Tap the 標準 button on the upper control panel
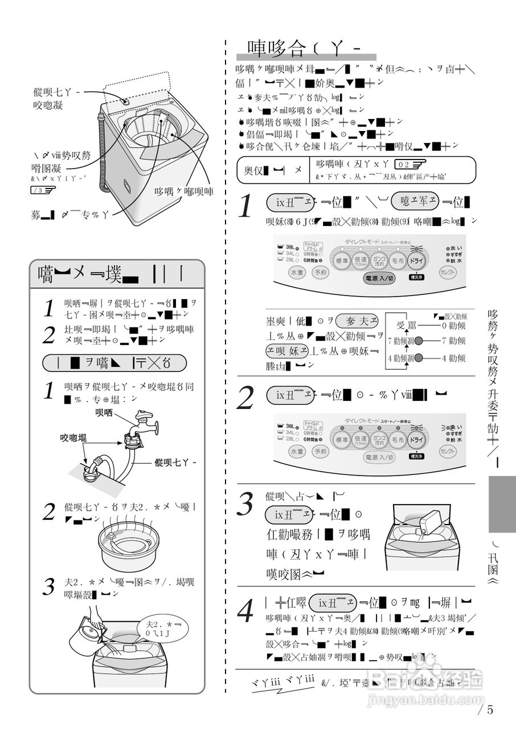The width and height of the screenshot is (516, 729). coord(342,261)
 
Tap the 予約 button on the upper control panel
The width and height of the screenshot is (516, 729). coord(321,273)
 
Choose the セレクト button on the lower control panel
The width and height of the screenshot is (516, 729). coord(449,451)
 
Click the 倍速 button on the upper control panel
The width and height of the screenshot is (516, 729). coord(361,261)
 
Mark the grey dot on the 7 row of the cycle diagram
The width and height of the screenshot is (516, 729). coord(419,341)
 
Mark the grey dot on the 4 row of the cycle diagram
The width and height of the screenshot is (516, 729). coord(419,358)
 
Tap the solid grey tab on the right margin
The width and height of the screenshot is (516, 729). coord(502,504)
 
